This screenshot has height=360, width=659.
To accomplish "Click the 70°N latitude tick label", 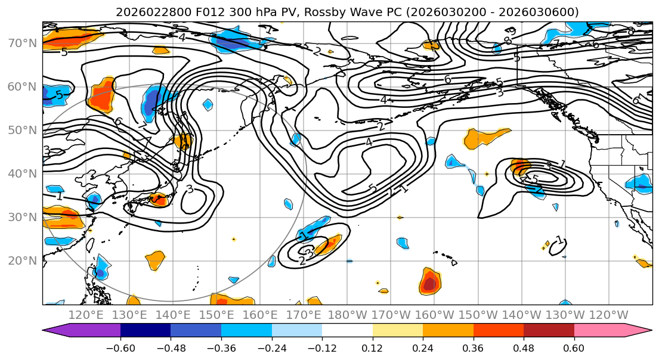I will [x=23, y=43].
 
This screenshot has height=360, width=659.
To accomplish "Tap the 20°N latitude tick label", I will [x=23, y=260].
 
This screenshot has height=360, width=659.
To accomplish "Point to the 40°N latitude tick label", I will [x=23, y=173].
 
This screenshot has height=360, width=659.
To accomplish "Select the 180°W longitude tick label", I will [x=348, y=315].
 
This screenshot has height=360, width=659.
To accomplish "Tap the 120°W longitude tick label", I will [x=609, y=315].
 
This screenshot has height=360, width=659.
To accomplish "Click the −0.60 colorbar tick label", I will [x=120, y=346].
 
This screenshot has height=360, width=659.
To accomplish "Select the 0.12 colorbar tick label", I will [x=373, y=346].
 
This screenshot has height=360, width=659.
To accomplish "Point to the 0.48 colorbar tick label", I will [x=524, y=346].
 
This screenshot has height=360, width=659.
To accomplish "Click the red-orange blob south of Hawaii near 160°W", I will [x=429, y=281].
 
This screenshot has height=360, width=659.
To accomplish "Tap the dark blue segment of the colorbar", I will [x=146, y=331].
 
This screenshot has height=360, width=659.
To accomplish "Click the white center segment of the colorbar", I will [x=347, y=331].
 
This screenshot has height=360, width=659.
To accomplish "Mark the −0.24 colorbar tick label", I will [x=271, y=346].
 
